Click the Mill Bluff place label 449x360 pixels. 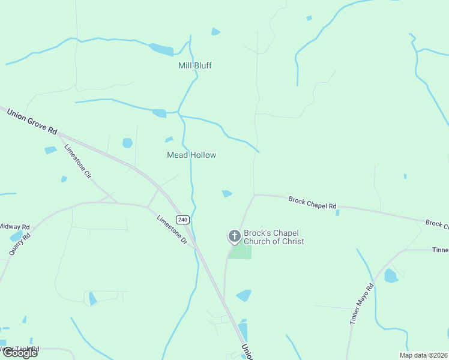point(195,65)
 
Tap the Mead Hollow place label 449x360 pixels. point(191,155)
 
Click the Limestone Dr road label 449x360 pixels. point(172,230)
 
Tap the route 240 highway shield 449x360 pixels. point(183,219)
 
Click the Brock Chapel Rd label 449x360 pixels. point(312,203)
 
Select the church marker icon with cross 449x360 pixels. point(234,236)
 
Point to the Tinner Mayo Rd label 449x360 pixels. point(362,304)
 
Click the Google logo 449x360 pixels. point(19,353)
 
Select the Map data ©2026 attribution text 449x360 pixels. point(423,355)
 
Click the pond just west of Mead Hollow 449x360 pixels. point(127,143)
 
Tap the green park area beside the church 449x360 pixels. point(241,252)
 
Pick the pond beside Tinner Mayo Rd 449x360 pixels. point(390,276)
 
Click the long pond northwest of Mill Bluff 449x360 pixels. point(160,49)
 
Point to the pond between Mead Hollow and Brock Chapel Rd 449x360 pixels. point(226,193)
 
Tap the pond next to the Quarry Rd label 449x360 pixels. point(16,236)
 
